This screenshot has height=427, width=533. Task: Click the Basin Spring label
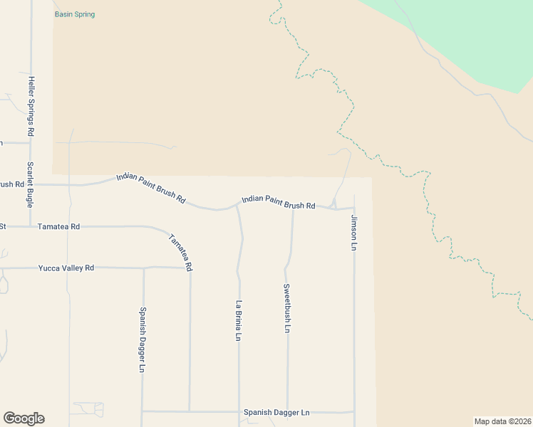(74, 14)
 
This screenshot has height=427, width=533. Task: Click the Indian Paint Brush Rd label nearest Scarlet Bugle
(152, 189)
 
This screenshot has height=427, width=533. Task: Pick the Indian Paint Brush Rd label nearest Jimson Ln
(278, 203)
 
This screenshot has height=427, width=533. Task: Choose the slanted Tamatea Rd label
(181, 252)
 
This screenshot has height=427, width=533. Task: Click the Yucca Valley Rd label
(66, 268)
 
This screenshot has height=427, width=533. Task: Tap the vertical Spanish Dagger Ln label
(143, 339)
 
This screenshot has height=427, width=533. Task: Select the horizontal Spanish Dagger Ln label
(276, 413)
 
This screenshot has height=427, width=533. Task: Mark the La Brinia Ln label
(239, 320)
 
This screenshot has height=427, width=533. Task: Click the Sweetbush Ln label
(286, 309)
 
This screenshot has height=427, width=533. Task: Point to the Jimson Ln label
(353, 233)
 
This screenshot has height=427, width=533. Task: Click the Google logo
(24, 418)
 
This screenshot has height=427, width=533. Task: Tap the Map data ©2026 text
(502, 421)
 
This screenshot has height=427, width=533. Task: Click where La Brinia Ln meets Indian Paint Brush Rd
(237, 207)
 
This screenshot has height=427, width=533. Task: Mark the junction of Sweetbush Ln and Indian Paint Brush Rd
(293, 208)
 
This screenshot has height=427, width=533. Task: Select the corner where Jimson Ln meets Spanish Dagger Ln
(354, 411)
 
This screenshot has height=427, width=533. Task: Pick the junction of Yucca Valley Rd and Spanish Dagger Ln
(143, 268)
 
